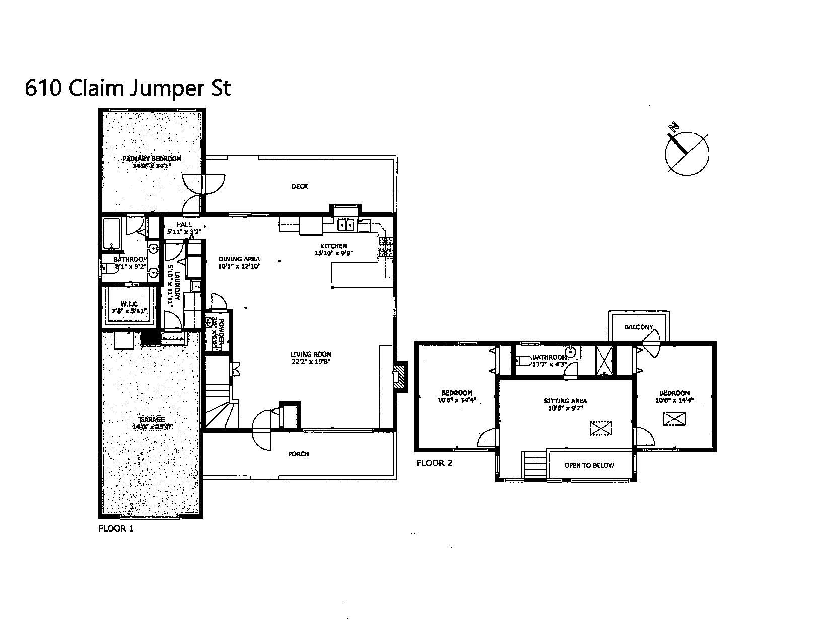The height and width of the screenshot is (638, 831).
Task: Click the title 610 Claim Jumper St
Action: pos(127,89)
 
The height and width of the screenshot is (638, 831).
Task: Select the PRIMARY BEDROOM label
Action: pos(152,159)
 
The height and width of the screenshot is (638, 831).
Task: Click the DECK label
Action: pos(299,187)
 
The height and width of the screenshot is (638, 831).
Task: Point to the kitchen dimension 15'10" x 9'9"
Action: pos(333,253)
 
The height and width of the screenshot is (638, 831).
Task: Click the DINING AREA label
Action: pos(239,259)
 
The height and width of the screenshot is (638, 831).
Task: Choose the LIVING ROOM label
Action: pos(311,354)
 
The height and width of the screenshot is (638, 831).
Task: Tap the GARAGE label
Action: pos(152,419)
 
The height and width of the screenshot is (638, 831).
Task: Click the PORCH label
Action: pos(298,454)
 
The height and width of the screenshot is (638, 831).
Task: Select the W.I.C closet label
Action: pos(129,304)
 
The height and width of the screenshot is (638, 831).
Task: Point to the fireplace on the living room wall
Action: pos(400,376)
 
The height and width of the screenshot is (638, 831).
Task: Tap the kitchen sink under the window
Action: pos(347,224)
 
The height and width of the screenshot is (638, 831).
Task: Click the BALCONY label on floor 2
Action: pos(638,327)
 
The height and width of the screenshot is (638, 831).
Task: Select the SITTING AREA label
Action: pos(565,401)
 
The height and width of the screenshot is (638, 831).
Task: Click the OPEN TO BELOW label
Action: pos(589,465)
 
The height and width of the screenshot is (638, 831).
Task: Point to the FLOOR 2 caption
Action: pos(434,463)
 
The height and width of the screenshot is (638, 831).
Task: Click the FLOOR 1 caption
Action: pos(116,529)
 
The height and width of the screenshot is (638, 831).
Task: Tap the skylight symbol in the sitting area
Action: pos(601,429)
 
